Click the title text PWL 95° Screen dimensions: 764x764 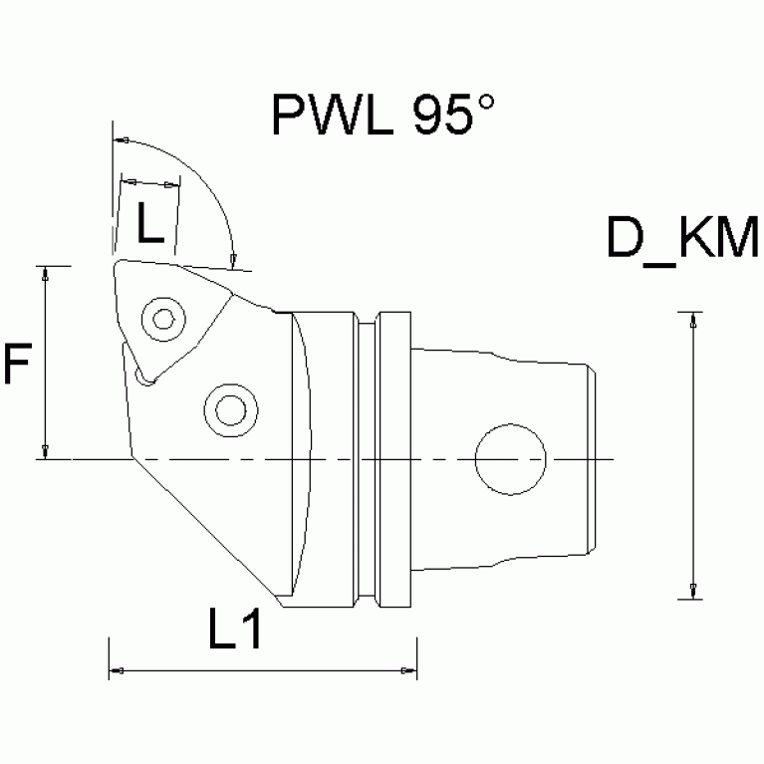[x=382, y=115]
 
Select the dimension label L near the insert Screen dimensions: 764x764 [x=148, y=228]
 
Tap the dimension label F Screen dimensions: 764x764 [x=17, y=365]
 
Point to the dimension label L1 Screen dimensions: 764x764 [x=235, y=630]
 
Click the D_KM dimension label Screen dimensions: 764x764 [x=683, y=239]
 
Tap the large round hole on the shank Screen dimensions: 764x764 [x=510, y=460]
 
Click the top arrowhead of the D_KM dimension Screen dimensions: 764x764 [x=691, y=320]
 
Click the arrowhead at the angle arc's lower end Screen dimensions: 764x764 [x=233, y=261]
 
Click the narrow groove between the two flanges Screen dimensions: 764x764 [x=368, y=460]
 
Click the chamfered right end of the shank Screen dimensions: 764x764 [x=592, y=460]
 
